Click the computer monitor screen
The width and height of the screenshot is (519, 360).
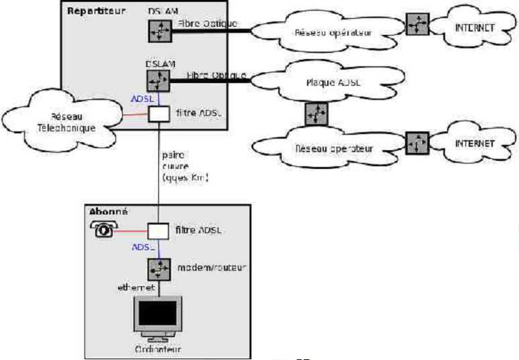point(158,314)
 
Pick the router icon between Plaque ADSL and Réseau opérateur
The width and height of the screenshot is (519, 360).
point(316,114)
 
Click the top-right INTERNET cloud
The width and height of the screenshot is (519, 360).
point(473,28)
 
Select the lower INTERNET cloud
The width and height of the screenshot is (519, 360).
point(473,143)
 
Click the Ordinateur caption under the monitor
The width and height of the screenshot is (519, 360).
point(159,350)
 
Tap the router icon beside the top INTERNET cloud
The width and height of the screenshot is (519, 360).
point(417,25)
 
